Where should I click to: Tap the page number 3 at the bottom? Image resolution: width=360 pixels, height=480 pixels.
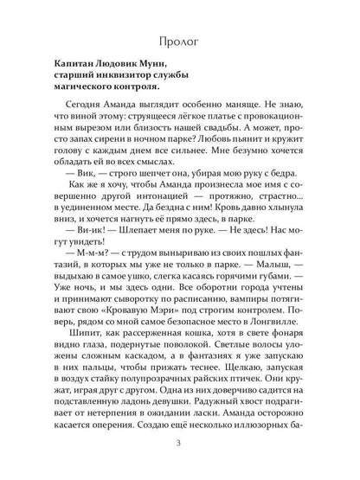pyautogui.click(x=179, y=445)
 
